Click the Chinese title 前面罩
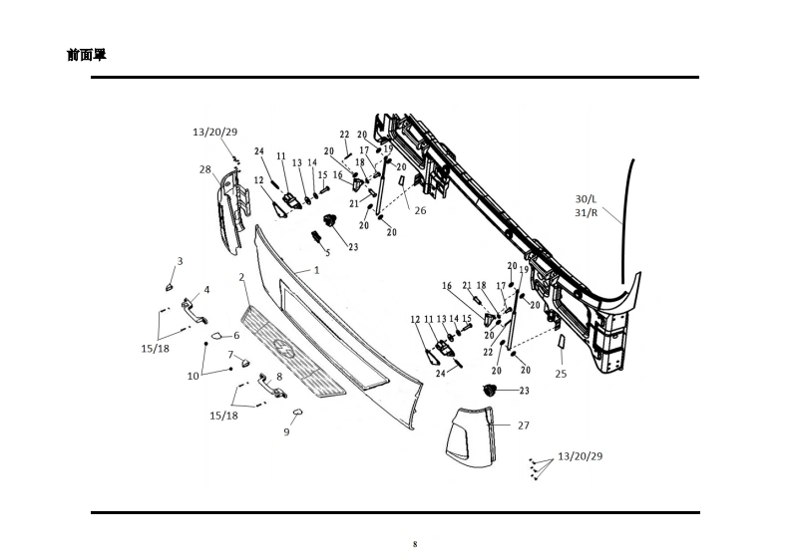pyautogui.click(x=87, y=55)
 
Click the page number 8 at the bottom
pyautogui.click(x=415, y=544)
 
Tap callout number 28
pyautogui.click(x=204, y=169)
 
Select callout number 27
pyautogui.click(x=523, y=425)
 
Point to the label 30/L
pyautogui.click(x=588, y=197)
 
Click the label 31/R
pyautogui.click(x=588, y=212)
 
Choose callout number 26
pyautogui.click(x=420, y=210)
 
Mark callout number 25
pyautogui.click(x=561, y=374)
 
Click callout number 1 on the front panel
pyautogui.click(x=316, y=269)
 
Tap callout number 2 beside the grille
pyautogui.click(x=241, y=276)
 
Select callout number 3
pyautogui.click(x=180, y=261)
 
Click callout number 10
pyautogui.click(x=193, y=376)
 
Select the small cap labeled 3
pyautogui.click(x=170, y=285)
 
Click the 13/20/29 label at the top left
pyautogui.click(x=214, y=132)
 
